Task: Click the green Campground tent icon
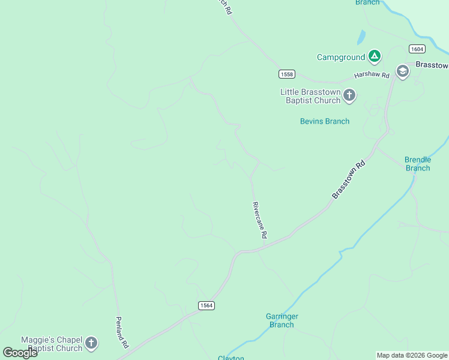point(374,57)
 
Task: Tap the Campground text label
point(341,58)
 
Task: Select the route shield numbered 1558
point(287,74)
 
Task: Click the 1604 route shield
point(417,49)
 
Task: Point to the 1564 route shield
point(206,305)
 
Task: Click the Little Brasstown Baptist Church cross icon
point(349,95)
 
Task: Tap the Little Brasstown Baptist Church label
point(310,96)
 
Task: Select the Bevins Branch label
point(324,121)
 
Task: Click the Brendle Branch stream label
point(418,164)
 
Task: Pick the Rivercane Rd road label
point(259,220)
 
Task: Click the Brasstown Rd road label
point(348,180)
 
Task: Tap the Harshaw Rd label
point(372,75)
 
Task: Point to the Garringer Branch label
point(282,320)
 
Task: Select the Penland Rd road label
point(122,333)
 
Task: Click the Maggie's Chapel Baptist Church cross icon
point(91,343)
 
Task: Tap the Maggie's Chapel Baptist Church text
point(52,344)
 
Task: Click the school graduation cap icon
point(402,72)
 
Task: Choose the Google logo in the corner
point(20,353)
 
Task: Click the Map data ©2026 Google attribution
point(412,355)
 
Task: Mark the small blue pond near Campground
point(361,37)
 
